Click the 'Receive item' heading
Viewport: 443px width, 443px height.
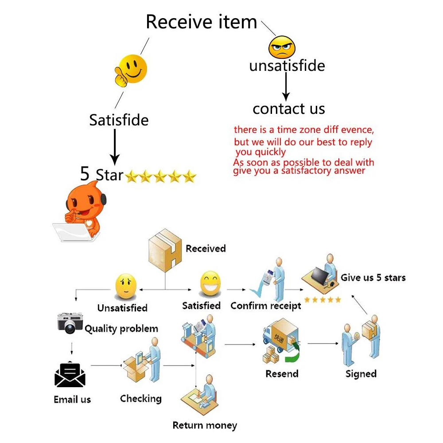point(201,22)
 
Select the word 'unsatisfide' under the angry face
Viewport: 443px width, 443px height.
point(287,66)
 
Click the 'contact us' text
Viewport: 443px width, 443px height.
point(289,109)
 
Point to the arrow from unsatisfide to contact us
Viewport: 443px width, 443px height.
point(286,86)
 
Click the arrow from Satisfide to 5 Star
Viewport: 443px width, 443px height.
point(115,146)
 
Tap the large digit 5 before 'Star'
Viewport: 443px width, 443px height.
point(85,174)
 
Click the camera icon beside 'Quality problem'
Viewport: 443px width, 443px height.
point(70,323)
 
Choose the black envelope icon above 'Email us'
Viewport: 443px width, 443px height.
point(70,375)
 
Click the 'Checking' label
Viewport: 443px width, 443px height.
point(140,398)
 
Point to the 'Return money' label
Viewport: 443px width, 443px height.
point(205,426)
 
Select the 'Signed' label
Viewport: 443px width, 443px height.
point(361,374)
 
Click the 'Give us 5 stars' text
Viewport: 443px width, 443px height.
point(373,278)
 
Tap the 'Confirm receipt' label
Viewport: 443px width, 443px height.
point(265,306)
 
